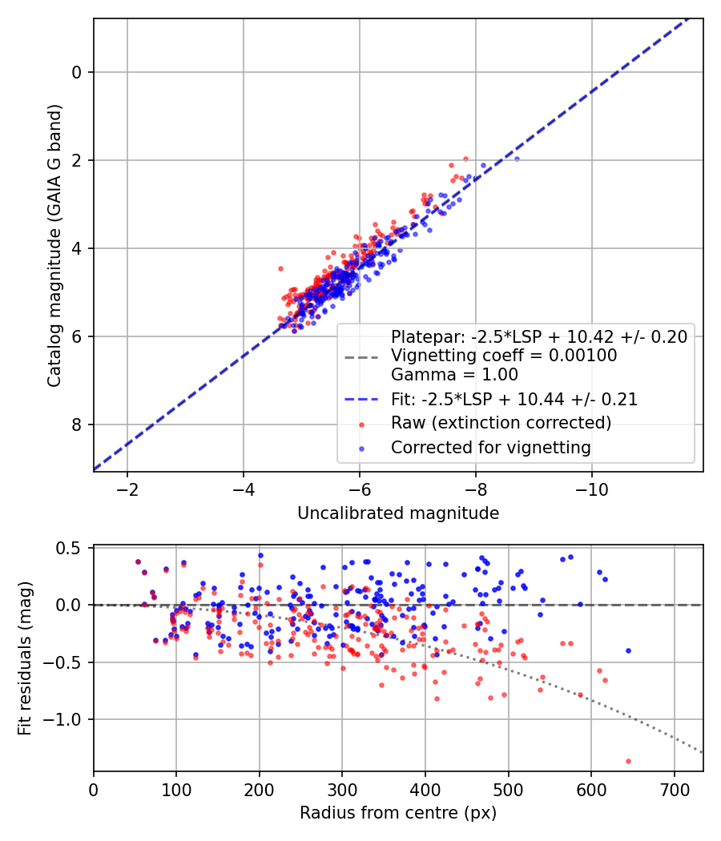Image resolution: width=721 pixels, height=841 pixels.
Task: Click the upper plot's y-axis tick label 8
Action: (x=77, y=425)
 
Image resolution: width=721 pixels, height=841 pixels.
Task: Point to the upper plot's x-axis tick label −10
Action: (x=592, y=489)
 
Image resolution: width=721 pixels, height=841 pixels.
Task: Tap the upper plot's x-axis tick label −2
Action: (x=127, y=489)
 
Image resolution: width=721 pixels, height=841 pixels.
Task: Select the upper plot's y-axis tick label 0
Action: (x=77, y=72)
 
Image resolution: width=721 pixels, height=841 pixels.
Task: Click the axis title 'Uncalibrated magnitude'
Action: (x=398, y=513)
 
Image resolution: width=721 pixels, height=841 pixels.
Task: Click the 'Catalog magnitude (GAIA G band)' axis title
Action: (x=54, y=245)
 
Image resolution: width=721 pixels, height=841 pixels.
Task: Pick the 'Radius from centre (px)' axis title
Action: (x=398, y=813)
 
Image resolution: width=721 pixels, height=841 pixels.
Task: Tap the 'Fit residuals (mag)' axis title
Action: (x=25, y=658)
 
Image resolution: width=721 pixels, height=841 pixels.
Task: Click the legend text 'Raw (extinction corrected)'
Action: (x=501, y=423)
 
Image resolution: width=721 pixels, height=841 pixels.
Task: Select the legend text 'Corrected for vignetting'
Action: (x=491, y=447)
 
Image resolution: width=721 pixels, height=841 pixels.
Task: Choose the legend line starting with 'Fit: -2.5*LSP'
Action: (x=514, y=399)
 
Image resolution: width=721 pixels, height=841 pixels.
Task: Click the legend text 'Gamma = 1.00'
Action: (x=454, y=374)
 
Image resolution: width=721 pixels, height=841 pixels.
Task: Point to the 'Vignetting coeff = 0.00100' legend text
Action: (x=504, y=355)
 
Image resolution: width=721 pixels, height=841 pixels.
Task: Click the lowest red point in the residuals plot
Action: (x=628, y=761)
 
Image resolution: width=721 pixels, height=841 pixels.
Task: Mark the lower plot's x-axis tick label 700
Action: (x=675, y=790)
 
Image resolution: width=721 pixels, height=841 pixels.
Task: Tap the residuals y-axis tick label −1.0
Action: (x=62, y=719)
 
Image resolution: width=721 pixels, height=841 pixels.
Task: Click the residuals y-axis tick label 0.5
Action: (x=68, y=548)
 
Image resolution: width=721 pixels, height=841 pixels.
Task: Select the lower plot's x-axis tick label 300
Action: (x=342, y=790)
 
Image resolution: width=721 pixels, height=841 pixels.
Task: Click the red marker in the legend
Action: (x=361, y=425)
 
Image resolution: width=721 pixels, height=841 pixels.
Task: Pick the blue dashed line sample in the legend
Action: (x=361, y=399)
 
